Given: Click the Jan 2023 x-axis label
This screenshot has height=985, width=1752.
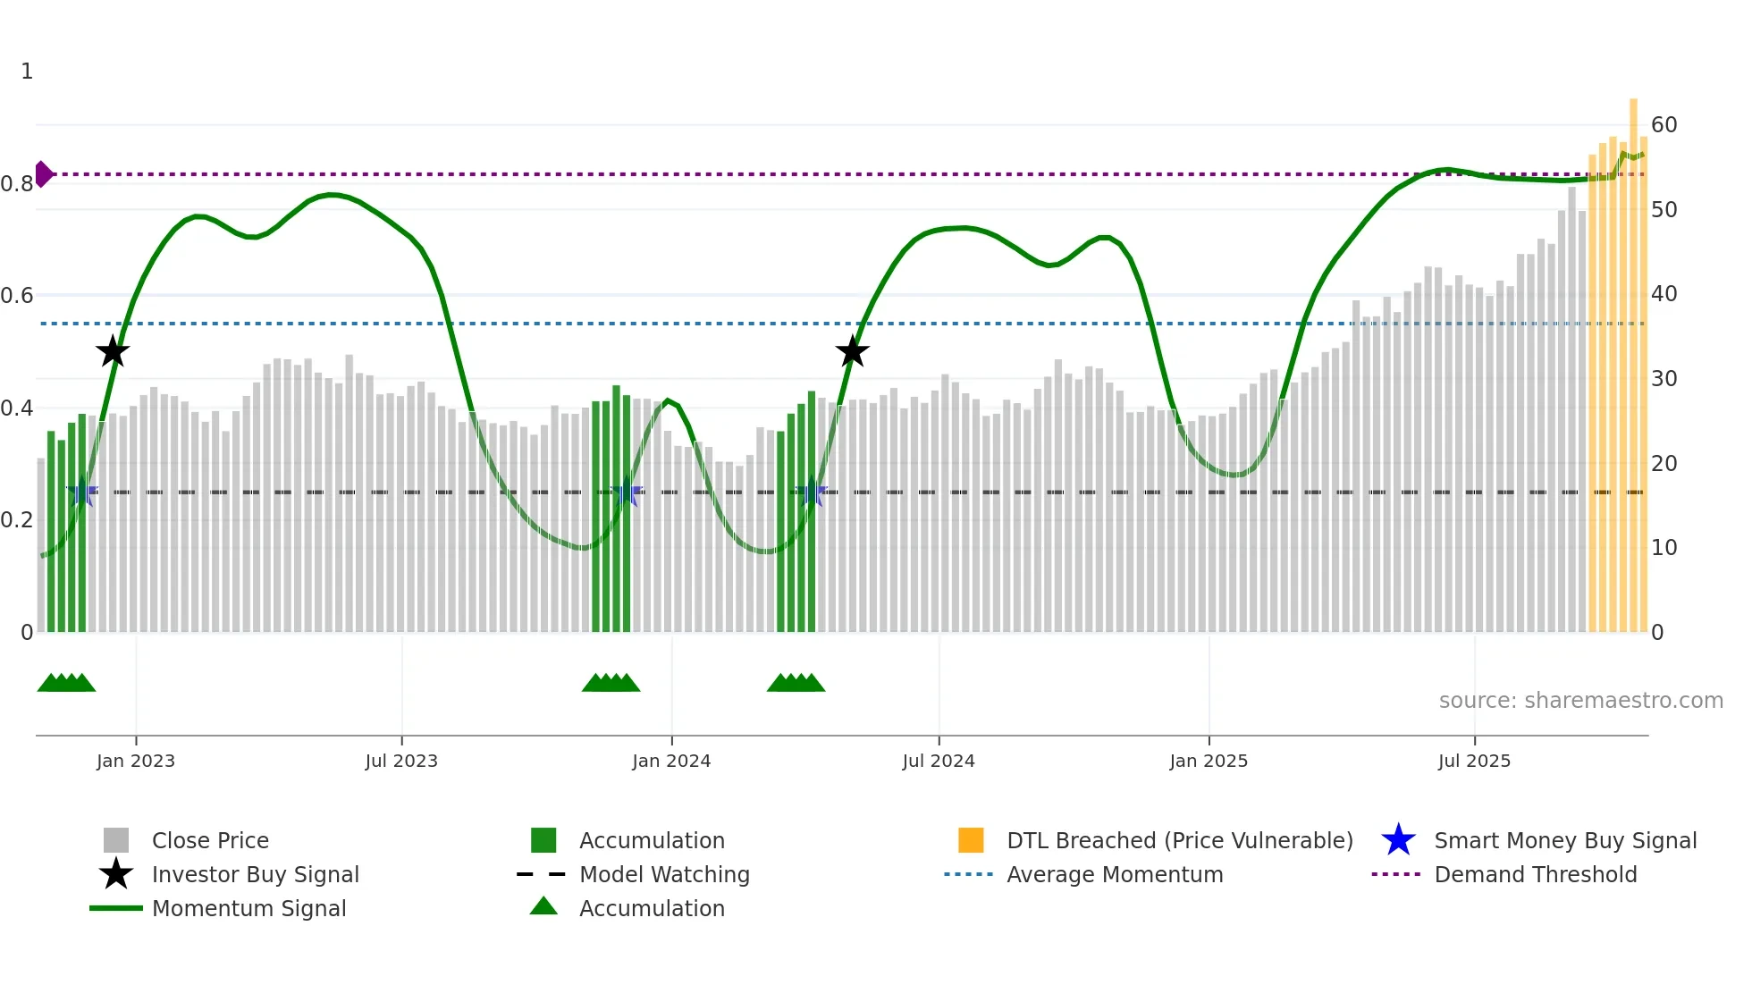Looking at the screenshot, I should (x=136, y=761).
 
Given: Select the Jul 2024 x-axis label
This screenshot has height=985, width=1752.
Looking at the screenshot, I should (x=939, y=761).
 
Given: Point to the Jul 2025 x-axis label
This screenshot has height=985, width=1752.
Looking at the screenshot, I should (x=1474, y=761).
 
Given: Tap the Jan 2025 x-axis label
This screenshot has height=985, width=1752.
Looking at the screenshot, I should (x=1209, y=761).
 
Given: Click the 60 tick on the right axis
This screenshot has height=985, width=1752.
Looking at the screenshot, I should (x=1664, y=125).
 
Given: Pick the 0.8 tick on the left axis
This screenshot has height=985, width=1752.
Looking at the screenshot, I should (x=17, y=184).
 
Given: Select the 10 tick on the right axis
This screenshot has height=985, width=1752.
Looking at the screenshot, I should (x=1664, y=548).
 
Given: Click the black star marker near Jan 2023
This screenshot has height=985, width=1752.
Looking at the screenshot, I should (x=113, y=351).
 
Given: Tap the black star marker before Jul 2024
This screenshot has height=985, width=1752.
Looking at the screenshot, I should (x=853, y=351).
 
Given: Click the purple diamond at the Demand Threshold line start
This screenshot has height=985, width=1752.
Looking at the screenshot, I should (x=43, y=174).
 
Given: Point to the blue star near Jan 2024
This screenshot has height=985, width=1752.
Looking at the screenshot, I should (x=627, y=492).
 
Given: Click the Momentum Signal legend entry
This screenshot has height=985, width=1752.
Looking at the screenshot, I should (x=248, y=908).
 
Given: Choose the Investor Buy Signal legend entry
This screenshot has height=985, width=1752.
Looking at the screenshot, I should (x=255, y=874).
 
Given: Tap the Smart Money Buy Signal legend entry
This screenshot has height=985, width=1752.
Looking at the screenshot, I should (x=1564, y=840).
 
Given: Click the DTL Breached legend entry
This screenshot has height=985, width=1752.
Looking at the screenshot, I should (x=1179, y=840).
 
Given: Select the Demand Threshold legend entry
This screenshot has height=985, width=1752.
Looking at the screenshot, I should (x=1535, y=874).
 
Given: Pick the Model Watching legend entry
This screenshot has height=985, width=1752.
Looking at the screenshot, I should (x=664, y=874).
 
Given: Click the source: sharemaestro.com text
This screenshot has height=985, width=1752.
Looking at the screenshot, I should (x=1580, y=701).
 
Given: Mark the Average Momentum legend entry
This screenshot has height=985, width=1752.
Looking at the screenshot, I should (x=1114, y=874).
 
